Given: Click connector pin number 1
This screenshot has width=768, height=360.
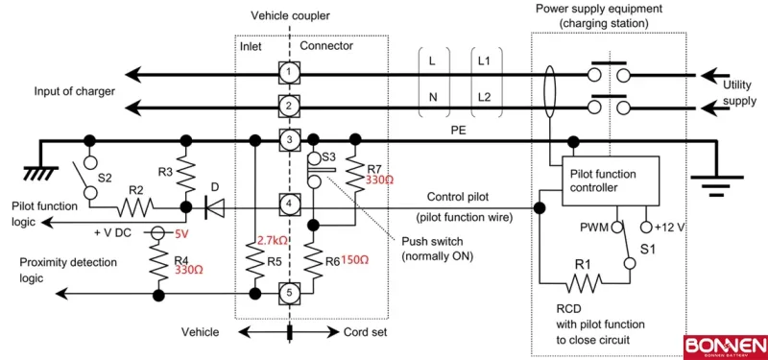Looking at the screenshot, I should coord(287,73).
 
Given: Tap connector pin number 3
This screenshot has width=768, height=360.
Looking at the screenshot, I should coord(287,141).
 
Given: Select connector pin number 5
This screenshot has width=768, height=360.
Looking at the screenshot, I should coord(287,292).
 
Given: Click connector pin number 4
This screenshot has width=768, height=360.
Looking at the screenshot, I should coord(287,204).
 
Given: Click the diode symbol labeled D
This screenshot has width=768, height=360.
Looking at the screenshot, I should coord(213,205).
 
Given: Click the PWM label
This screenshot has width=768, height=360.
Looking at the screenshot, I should coord(596,228).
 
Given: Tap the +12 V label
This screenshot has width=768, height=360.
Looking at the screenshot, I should coord(670,228).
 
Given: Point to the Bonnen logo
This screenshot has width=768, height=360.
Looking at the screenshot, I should coord(724,346).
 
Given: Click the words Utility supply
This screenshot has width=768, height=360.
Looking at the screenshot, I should coord(736,92).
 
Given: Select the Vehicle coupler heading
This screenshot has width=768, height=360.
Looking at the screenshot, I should coord(288,16).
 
